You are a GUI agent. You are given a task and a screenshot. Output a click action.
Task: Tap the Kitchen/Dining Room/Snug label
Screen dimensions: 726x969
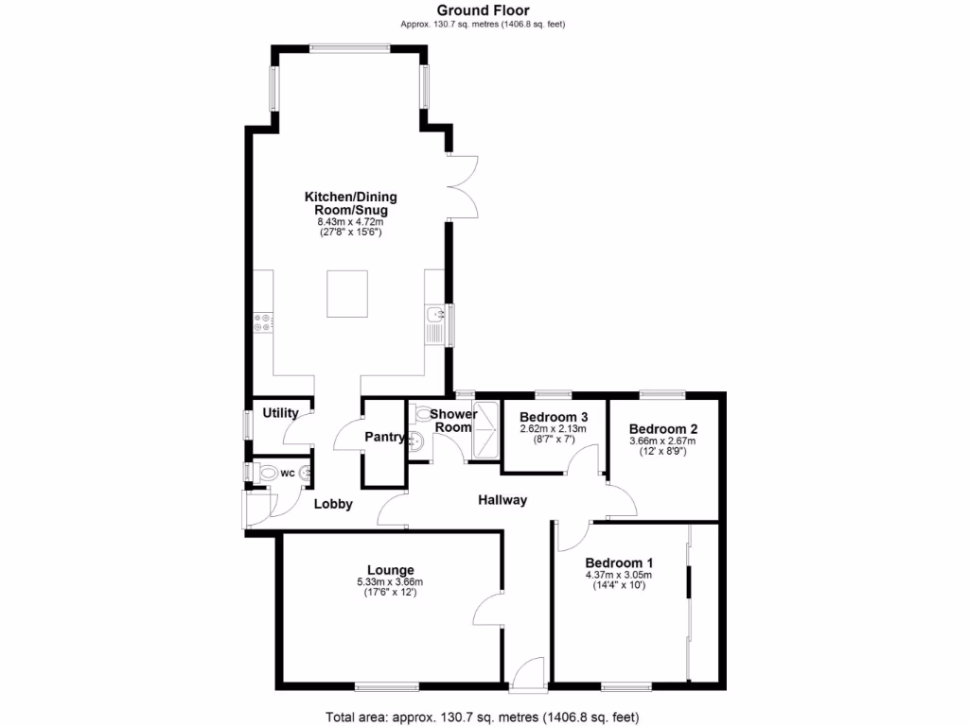pos(350,203)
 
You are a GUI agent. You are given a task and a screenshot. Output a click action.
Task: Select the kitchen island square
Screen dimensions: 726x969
pos(351,294)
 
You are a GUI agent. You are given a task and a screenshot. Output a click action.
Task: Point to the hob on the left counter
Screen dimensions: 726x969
pos(262,323)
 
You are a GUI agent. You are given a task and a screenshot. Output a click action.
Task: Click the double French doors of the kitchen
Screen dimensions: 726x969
pos(464,185)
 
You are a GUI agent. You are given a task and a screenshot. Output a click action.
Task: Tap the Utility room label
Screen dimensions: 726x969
pos(280,413)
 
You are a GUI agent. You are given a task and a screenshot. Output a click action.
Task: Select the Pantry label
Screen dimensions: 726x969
pos(384,438)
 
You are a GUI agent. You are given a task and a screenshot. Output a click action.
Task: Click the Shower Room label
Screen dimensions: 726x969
pos(452,421)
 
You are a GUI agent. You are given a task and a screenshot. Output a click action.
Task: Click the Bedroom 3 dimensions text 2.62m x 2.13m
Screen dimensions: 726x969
pos(554,429)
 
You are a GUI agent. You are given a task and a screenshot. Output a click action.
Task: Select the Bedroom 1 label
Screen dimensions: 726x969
pos(619,562)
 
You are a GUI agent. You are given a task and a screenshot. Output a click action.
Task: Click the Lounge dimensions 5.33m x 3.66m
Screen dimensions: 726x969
pos(391,581)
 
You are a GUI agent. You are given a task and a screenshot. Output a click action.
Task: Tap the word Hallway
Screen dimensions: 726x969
pos(502,500)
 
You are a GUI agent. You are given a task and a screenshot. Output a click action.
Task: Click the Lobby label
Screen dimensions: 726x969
pos(333,504)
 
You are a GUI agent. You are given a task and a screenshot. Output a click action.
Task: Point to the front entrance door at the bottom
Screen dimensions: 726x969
pos(526,672)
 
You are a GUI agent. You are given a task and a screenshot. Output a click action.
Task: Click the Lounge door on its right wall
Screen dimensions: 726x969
pos(488,612)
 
